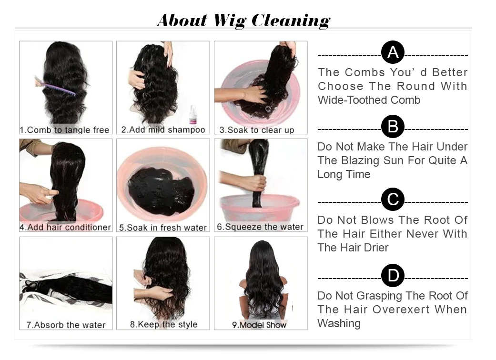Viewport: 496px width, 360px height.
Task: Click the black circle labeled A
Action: [x=393, y=52]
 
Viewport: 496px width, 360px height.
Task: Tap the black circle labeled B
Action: [x=393, y=127]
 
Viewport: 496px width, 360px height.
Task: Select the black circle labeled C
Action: [x=393, y=200]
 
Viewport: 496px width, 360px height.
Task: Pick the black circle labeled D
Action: [x=393, y=276]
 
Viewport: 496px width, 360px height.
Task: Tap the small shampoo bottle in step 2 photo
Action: [x=193, y=115]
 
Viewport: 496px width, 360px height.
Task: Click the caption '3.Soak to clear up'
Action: [x=256, y=130]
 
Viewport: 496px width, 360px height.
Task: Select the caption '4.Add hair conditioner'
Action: [x=65, y=227]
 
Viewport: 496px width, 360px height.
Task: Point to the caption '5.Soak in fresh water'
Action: [x=163, y=228]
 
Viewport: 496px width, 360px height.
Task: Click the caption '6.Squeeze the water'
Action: [x=260, y=227]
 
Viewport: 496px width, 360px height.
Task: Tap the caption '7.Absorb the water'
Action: [x=66, y=325]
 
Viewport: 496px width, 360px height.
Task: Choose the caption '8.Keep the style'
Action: [x=163, y=325]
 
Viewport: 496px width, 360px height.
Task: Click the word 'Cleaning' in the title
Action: [x=290, y=20]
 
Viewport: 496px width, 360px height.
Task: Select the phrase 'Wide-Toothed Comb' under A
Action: [x=369, y=100]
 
